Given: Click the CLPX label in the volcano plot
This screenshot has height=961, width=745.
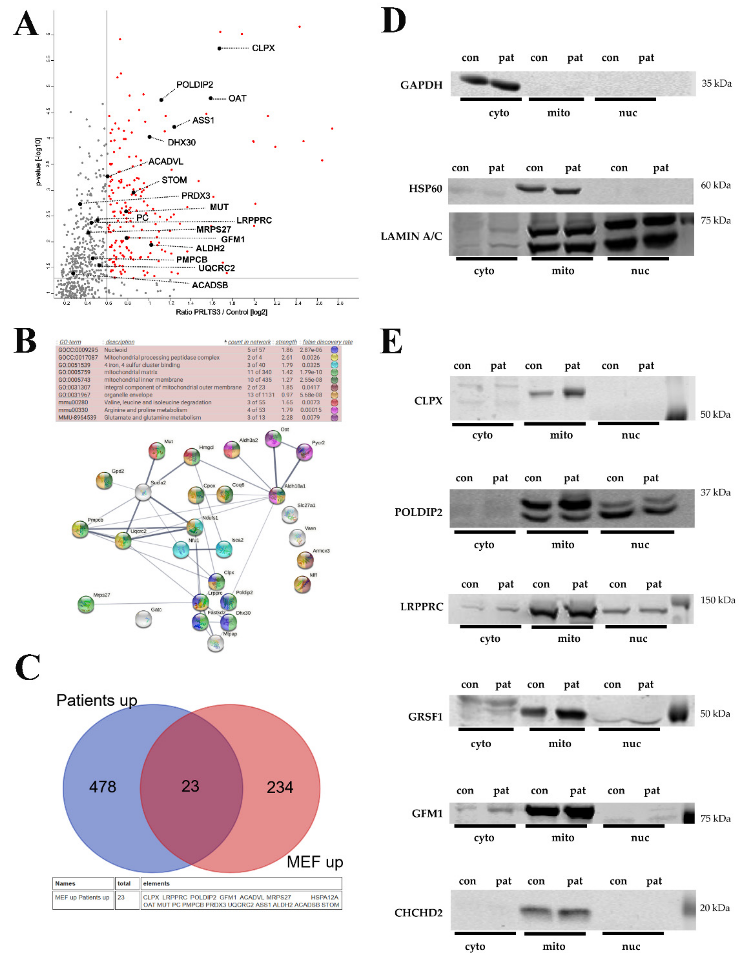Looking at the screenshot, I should pyautogui.click(x=263, y=48).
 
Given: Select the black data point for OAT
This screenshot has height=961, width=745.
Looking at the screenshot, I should pyautogui.click(x=211, y=98).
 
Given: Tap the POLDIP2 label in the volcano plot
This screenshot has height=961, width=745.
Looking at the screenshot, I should pyautogui.click(x=194, y=85).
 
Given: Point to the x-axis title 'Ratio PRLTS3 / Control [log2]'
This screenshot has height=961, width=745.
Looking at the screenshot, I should pyautogui.click(x=221, y=312).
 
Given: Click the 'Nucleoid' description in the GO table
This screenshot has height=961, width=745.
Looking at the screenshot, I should pyautogui.click(x=115, y=350).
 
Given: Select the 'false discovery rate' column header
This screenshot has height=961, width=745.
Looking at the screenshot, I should pyautogui.click(x=327, y=342).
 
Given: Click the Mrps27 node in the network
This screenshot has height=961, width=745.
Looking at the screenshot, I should pyautogui.click(x=86, y=604).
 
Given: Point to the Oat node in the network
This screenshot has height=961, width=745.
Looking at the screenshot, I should pyautogui.click(x=273, y=439).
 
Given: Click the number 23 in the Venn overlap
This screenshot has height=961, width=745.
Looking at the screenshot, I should pyautogui.click(x=190, y=786).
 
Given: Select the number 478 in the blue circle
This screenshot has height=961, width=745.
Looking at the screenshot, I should pyautogui.click(x=103, y=786).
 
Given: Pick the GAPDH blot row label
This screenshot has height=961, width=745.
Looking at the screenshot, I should pyautogui.click(x=421, y=85).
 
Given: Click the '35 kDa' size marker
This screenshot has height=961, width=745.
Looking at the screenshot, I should pyautogui.click(x=716, y=83).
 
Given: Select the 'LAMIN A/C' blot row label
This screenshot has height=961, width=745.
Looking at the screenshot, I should pyautogui.click(x=411, y=236).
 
